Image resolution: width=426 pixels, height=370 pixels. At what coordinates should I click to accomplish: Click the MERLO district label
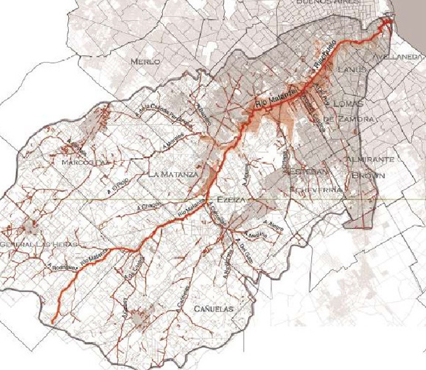tap(145, 62)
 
